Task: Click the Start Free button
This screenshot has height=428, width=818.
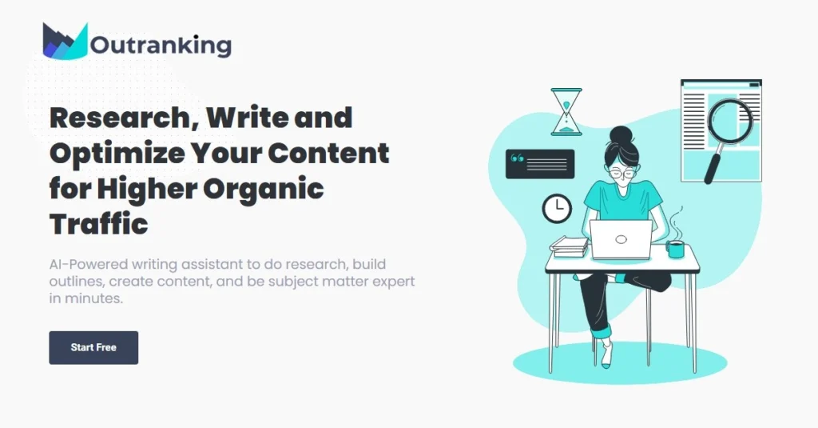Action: coord(93,347)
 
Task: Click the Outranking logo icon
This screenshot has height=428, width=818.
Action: coord(66,41)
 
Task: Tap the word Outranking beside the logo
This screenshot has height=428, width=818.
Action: coord(161,45)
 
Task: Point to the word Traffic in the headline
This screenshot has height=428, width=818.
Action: coord(98,224)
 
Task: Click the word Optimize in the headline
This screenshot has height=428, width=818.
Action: coord(117,154)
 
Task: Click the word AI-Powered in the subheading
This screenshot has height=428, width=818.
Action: coord(88,265)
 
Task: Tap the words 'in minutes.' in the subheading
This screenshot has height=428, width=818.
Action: coord(86,298)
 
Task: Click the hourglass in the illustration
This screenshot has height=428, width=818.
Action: coord(566,112)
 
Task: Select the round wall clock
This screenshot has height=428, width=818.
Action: coord(557,208)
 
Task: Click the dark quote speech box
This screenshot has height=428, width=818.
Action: coord(540,164)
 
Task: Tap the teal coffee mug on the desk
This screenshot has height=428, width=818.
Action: coord(675,249)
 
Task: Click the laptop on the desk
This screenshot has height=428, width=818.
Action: coord(621,239)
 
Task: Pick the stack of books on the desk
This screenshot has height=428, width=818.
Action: coord(569,246)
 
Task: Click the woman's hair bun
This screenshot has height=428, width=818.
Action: coord(621,134)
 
